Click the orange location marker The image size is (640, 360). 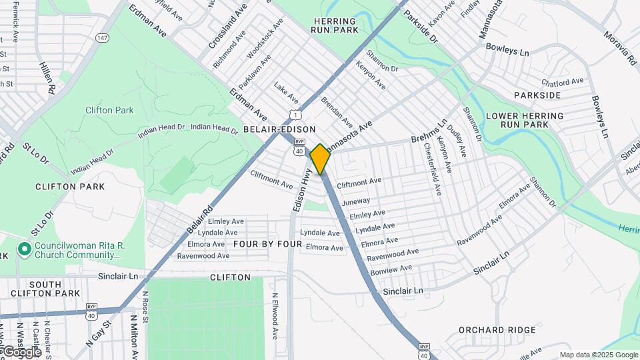pyautogui.click(x=320, y=159)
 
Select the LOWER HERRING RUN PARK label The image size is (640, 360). pyautogui.click(x=525, y=120)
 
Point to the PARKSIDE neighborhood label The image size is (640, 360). pyautogui.click(x=537, y=95)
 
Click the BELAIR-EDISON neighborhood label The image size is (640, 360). pyautogui.click(x=279, y=129)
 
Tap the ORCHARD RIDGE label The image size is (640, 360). pyautogui.click(x=497, y=330)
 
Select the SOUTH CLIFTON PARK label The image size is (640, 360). pyautogui.click(x=45, y=289)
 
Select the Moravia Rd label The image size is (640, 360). pyautogui.click(x=620, y=47)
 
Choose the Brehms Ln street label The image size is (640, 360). pyautogui.click(x=428, y=131)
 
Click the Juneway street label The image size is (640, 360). pyautogui.click(x=355, y=201)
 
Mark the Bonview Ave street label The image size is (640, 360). pyautogui.click(x=391, y=270)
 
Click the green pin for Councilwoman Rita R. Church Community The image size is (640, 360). pyautogui.click(x=25, y=249)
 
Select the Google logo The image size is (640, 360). pyautogui.click(x=22, y=351)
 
